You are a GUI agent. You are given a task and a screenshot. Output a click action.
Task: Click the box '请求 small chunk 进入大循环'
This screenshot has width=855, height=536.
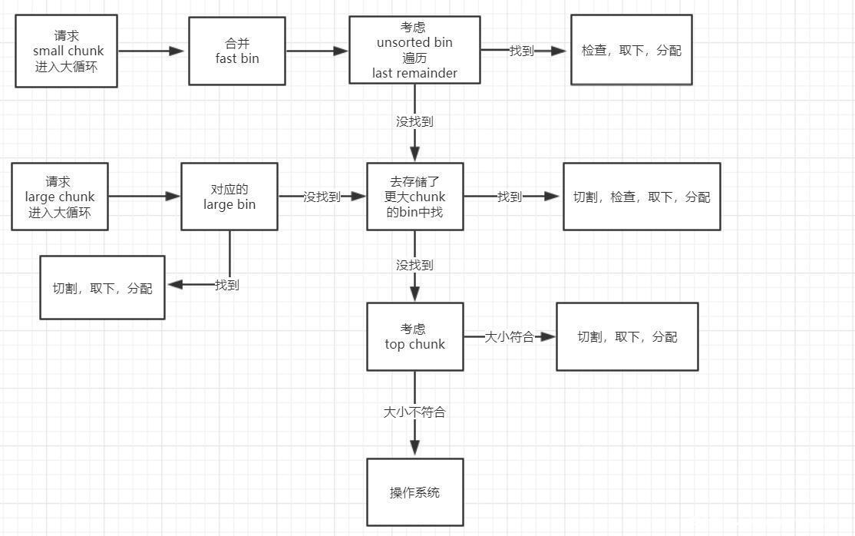(66, 51)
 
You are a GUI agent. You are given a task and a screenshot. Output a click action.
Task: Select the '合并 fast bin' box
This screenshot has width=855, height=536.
(237, 51)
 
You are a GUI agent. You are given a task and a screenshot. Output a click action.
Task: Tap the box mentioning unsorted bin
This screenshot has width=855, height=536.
(415, 50)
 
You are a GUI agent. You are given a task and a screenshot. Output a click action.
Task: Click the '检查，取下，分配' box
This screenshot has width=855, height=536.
(631, 50)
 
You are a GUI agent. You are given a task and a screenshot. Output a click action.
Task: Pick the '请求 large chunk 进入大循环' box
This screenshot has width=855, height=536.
(60, 197)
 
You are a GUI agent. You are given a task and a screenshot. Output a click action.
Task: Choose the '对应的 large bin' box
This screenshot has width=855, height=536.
(229, 197)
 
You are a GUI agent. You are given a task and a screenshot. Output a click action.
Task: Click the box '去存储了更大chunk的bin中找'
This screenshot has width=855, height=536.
(415, 197)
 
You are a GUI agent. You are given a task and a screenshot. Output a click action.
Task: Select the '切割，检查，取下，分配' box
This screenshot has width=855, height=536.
(642, 197)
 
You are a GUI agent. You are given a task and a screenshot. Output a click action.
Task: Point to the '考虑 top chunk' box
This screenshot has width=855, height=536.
(415, 336)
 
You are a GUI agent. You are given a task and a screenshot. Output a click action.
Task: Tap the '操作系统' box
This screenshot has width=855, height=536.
(415, 492)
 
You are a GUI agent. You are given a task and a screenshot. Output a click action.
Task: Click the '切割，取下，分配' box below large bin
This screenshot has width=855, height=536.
(102, 288)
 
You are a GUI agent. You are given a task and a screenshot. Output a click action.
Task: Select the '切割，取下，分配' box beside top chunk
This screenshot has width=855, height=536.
(627, 336)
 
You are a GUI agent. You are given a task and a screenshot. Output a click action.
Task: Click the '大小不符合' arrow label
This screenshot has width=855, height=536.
(415, 412)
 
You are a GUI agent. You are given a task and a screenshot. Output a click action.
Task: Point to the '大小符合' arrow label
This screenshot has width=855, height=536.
(509, 336)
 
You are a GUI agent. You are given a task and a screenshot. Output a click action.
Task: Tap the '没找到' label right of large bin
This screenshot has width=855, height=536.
(322, 197)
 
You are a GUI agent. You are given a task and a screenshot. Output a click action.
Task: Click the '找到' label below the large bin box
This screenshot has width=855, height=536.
(227, 285)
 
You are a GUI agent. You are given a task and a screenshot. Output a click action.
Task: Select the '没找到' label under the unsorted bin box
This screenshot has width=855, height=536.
(415, 121)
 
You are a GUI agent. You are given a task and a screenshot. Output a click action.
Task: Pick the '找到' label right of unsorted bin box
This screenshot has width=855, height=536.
(521, 51)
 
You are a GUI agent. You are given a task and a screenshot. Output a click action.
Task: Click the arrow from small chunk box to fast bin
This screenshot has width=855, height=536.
(152, 51)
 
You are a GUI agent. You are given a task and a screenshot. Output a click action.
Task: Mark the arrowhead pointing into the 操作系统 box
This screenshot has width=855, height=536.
(415, 448)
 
